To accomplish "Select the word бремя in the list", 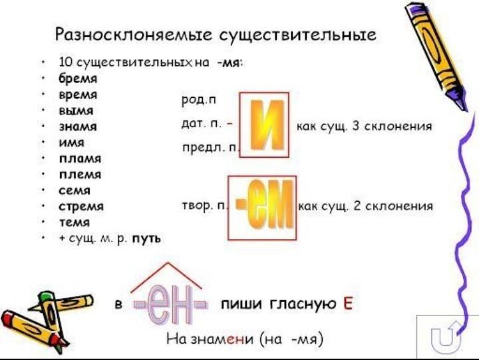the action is (x=78, y=79).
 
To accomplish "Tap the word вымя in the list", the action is (x=76, y=110).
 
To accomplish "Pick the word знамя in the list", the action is (x=78, y=126).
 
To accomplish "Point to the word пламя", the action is (x=80, y=158).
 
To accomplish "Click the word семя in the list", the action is (x=75, y=190).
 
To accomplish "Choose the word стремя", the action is (x=81, y=206).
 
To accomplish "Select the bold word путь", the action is (x=146, y=238).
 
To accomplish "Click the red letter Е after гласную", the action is (x=348, y=303).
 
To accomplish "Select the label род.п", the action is (x=199, y=100).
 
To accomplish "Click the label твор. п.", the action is (x=204, y=206).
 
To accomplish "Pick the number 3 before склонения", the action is (x=355, y=126).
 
